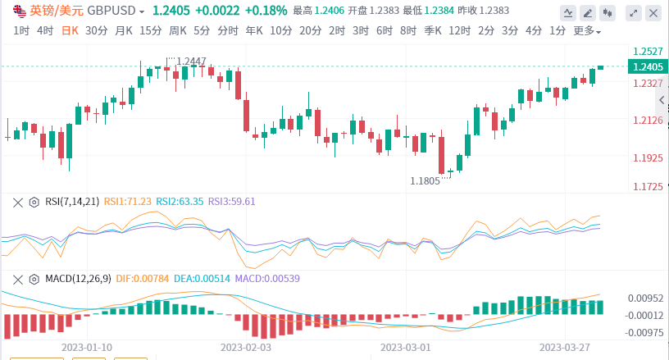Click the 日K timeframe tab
click(x=69, y=30)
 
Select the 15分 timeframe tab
click(x=150, y=30)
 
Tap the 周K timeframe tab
click(x=178, y=30)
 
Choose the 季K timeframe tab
click(x=434, y=30)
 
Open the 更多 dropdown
click(x=586, y=31)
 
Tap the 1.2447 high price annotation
click(x=192, y=62)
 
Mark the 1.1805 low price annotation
click(x=425, y=180)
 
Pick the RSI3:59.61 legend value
click(x=232, y=202)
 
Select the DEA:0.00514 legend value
click(x=201, y=279)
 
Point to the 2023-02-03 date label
click(x=246, y=347)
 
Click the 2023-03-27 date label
click(x=565, y=347)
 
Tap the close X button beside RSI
click(x=17, y=202)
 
